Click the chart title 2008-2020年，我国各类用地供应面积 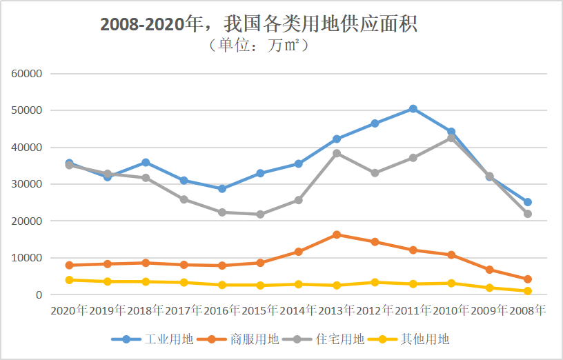pyautogui.click(x=259, y=24)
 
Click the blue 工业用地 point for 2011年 pyautogui.click(x=413, y=109)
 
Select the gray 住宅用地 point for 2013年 pyautogui.click(x=337, y=153)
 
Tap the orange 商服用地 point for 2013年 pyautogui.click(x=337, y=234)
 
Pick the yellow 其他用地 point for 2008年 pyautogui.click(x=527, y=291)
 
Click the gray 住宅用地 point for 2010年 pyautogui.click(x=451, y=137)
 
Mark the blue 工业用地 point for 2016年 pyautogui.click(x=222, y=188)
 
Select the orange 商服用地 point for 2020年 pyautogui.click(x=69, y=265)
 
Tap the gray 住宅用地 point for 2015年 pyautogui.click(x=260, y=214)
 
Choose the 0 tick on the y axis pyautogui.click(x=40, y=295)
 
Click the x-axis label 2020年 pyautogui.click(x=69, y=311)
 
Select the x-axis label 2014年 pyautogui.click(x=298, y=311)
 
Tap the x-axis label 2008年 pyautogui.click(x=527, y=311)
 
